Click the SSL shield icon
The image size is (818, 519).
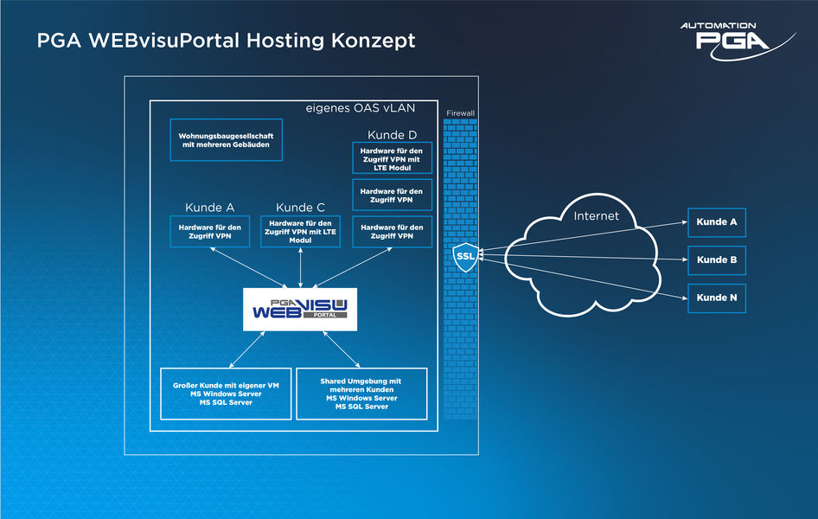pos(464,257)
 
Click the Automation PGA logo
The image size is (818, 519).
pos(736,40)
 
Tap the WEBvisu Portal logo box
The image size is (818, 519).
pos(299,309)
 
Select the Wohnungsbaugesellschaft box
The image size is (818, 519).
pos(226,140)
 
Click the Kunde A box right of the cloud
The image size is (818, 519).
pos(717,221)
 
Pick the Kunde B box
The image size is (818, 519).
pos(717,259)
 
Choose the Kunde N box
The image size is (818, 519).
pos(717,298)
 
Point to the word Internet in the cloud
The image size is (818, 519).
pos(597,215)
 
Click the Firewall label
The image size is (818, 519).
pos(460,113)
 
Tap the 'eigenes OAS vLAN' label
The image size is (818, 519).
pos(361,109)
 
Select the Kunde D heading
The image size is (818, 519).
pos(392,135)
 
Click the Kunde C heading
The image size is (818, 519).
pos(300,208)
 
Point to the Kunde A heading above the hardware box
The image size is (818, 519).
pos(209,208)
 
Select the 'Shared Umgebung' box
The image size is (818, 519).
pos(361,394)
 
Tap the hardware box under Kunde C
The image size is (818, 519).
pos(300,231)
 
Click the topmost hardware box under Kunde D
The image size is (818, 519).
pos(392,158)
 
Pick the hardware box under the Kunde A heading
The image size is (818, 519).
pos(209,231)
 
